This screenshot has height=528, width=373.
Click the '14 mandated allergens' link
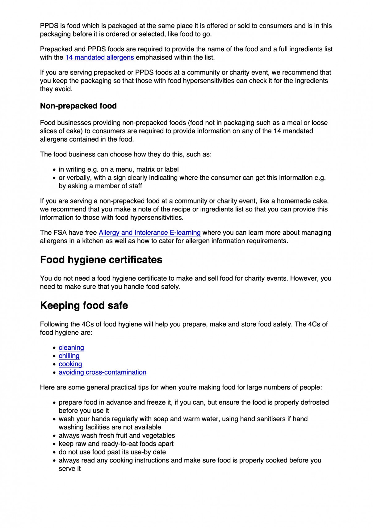(x=99, y=57)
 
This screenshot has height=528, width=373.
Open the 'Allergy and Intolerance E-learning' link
(x=149, y=232)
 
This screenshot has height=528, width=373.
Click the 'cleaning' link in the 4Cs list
(x=71, y=347)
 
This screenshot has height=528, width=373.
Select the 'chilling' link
(x=69, y=356)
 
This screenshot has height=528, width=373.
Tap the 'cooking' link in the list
(x=70, y=364)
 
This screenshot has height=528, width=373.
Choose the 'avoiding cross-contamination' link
(x=103, y=372)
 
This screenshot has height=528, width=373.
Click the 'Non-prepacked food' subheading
(x=78, y=106)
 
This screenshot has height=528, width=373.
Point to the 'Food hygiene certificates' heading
(x=101, y=260)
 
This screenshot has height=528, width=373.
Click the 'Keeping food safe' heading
(x=84, y=305)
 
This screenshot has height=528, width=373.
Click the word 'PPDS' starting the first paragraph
(x=48, y=26)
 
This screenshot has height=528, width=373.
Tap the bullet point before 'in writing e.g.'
(x=54, y=170)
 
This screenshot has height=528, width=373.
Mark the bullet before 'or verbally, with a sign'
(x=54, y=178)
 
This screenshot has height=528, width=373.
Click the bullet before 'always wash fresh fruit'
(x=54, y=436)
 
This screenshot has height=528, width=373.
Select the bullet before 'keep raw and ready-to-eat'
(x=54, y=444)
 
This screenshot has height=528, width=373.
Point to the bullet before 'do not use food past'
(x=54, y=453)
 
